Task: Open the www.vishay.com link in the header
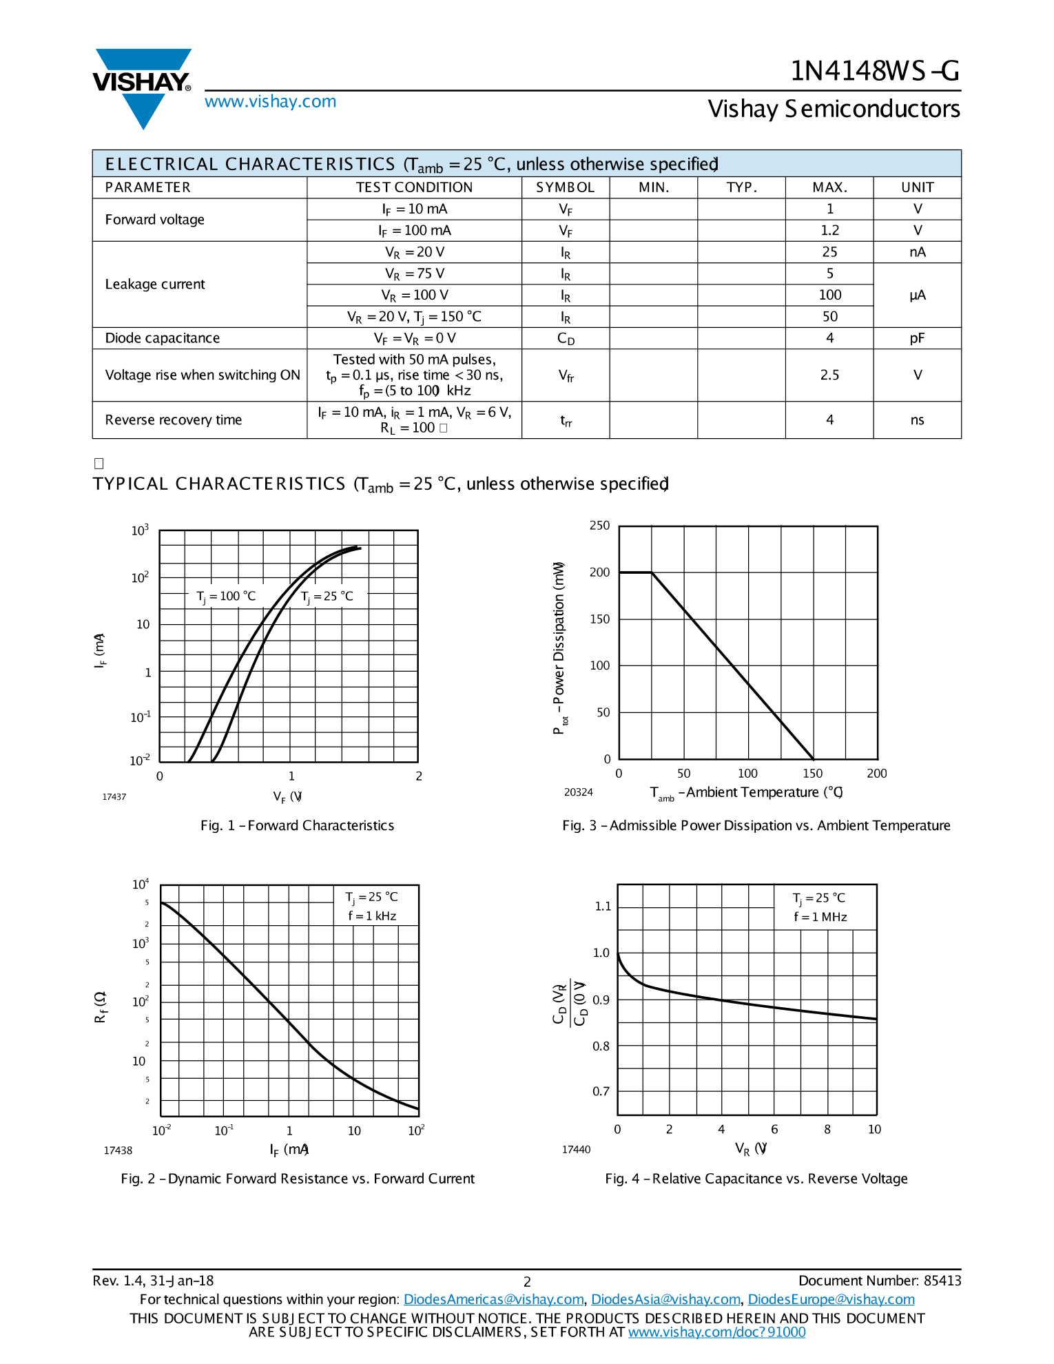click(x=270, y=102)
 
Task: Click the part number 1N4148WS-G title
click(x=874, y=71)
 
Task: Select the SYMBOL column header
click(x=565, y=187)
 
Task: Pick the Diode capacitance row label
click(x=163, y=338)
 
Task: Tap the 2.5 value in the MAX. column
click(x=829, y=375)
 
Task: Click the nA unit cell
click(x=917, y=252)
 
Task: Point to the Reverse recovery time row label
click(x=174, y=420)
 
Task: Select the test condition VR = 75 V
click(x=414, y=274)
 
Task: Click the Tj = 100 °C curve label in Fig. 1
click(x=226, y=597)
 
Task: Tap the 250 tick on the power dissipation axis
click(x=599, y=526)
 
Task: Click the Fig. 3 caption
click(x=756, y=825)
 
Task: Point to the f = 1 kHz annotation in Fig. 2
click(x=372, y=916)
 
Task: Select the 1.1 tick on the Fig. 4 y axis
click(x=602, y=907)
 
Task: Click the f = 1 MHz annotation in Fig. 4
click(x=820, y=917)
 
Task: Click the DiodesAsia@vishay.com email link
click(x=665, y=1299)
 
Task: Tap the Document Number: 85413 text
click(x=880, y=1281)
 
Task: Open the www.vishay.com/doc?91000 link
click(x=716, y=1332)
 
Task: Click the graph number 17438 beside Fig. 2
click(x=118, y=1150)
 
